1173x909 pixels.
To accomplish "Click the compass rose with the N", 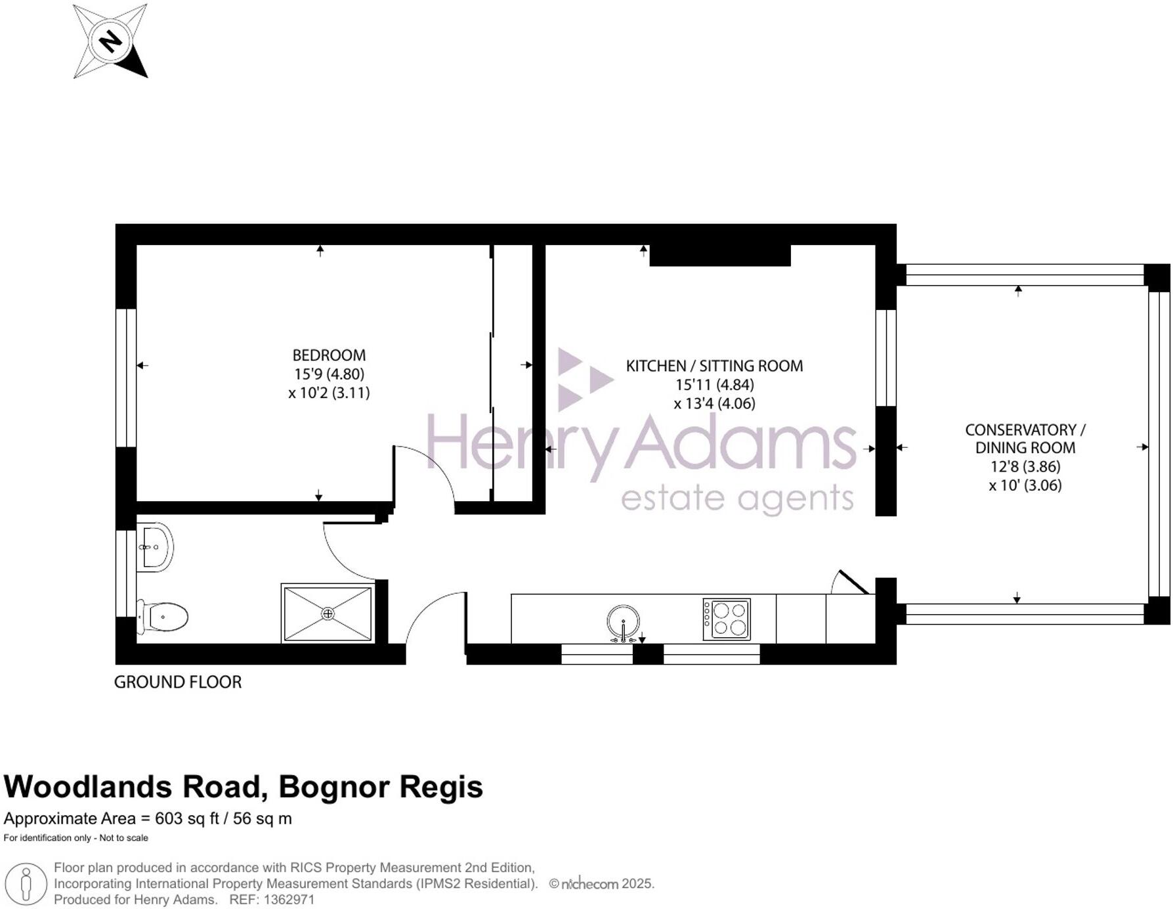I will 110,41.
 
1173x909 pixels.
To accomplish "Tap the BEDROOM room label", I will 329,355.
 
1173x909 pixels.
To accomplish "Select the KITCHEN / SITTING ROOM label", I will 714,366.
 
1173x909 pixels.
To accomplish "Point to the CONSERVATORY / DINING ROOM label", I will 1025,439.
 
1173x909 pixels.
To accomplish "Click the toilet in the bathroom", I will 163,617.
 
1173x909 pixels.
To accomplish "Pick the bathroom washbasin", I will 156,546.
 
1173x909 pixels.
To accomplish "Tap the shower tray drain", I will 328,613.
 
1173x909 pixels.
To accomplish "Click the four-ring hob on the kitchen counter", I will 727,619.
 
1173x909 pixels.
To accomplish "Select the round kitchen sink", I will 623,621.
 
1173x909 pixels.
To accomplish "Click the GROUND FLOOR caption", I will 178,682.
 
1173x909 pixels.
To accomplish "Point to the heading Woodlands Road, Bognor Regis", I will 244,787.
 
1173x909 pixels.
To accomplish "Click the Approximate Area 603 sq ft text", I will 148,818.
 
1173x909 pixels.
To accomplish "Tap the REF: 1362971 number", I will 272,900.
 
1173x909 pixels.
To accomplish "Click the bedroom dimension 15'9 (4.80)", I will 329,374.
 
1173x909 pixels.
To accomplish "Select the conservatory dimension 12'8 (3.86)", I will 1025,467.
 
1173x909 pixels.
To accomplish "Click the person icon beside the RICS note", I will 26,884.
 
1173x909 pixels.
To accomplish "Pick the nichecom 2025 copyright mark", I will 601,883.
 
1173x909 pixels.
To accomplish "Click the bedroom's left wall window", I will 125,378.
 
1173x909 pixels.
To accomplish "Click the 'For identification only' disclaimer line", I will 76,837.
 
